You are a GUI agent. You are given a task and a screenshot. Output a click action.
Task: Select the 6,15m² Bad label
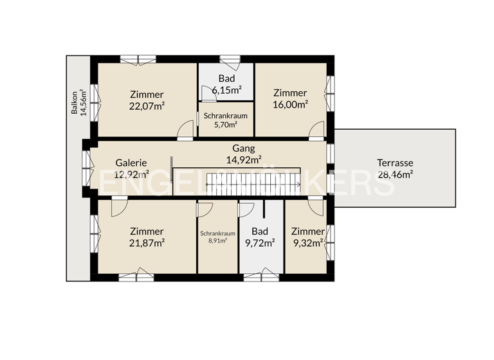(226, 85)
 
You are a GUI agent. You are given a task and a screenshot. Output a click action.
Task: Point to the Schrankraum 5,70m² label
(221, 120)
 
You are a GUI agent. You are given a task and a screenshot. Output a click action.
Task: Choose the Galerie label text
(132, 163)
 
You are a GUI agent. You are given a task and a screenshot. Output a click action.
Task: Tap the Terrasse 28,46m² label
(395, 168)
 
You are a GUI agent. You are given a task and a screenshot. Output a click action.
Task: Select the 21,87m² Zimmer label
(147, 237)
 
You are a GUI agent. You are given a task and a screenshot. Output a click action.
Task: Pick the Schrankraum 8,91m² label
(217, 238)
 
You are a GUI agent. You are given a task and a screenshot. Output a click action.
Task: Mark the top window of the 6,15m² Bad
(230, 60)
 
